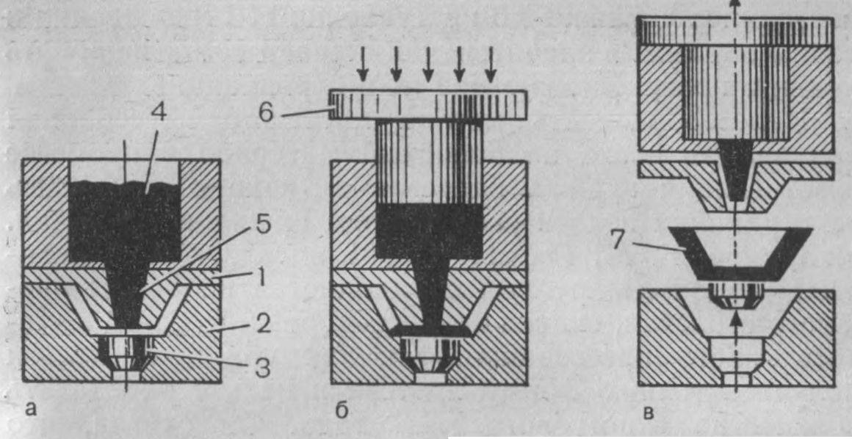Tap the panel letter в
click(648, 413)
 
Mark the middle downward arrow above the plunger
click(428, 64)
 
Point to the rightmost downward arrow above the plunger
click(491, 64)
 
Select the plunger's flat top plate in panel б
click(428, 105)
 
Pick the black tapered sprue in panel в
click(735, 169)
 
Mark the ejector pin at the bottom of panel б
click(429, 358)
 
